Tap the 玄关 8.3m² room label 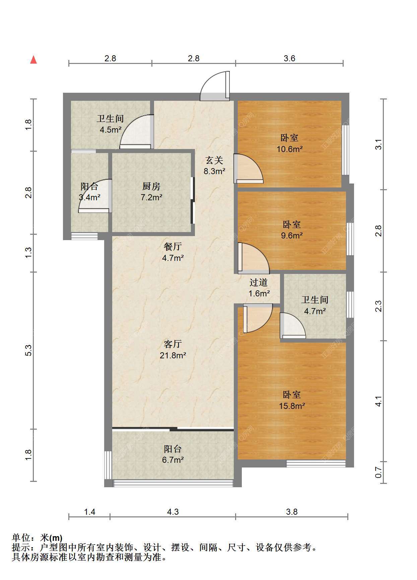click(x=214, y=166)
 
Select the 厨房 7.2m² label click(x=151, y=192)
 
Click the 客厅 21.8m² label click(x=173, y=350)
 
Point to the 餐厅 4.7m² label click(x=173, y=252)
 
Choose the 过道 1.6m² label click(x=259, y=288)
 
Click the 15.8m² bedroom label click(x=292, y=400)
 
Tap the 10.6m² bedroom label click(x=289, y=143)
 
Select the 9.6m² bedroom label click(x=292, y=230)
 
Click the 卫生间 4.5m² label click(x=111, y=124)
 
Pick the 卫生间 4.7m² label click(x=315, y=305)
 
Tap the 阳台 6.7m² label click(x=173, y=454)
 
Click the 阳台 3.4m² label click(x=89, y=192)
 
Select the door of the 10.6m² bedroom click(x=248, y=168)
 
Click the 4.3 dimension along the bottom click(x=173, y=512)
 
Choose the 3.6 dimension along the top click(x=289, y=58)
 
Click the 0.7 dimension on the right click(x=378, y=473)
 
